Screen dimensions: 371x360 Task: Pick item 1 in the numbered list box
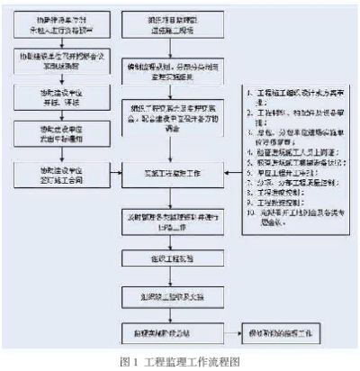tap(284, 92)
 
